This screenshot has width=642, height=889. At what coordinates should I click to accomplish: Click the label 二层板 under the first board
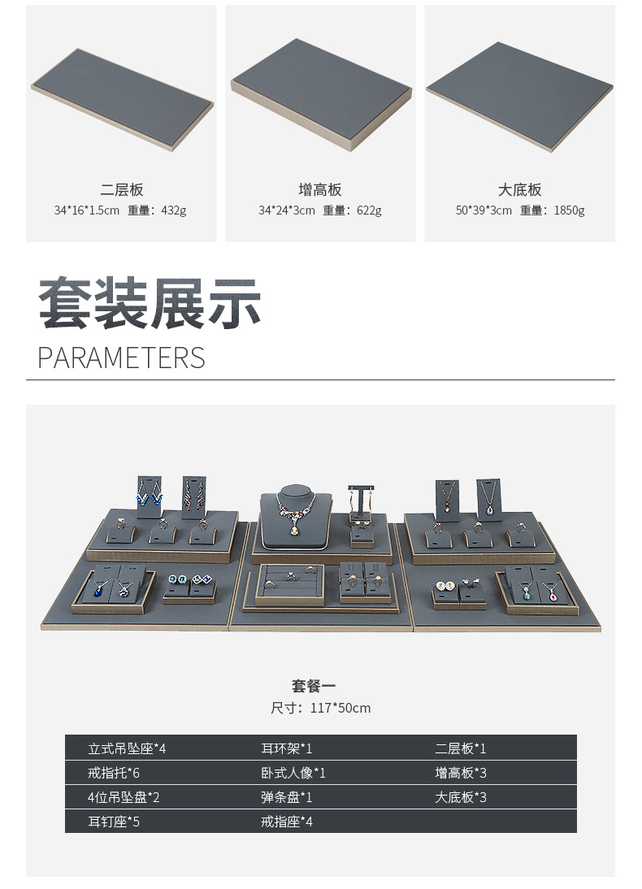[122, 190]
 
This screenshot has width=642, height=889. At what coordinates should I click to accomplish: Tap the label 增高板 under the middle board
[320, 190]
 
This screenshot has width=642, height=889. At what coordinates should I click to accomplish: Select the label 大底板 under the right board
[520, 190]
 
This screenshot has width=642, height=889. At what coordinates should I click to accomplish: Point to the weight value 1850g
[569, 210]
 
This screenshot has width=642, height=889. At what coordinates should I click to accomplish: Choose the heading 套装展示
[150, 304]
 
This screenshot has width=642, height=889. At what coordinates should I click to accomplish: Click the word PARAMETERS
[121, 358]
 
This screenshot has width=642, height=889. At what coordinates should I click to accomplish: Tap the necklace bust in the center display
[295, 512]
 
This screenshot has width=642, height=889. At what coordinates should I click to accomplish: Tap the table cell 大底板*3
[461, 797]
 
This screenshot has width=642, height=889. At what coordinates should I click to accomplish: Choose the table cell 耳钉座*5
[114, 822]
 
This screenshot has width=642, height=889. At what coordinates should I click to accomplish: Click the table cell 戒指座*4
[286, 822]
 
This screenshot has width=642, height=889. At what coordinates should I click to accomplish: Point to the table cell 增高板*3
[461, 773]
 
